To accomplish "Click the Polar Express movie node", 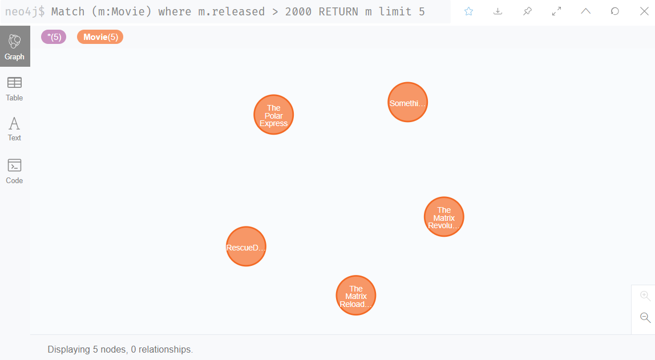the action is [x=274, y=115].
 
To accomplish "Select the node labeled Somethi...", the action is [x=407, y=103].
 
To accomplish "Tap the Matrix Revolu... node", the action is [x=444, y=217].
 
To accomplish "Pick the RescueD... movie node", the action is [x=246, y=247].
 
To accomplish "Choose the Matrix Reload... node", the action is [x=356, y=296].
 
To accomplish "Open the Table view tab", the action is [x=15, y=89].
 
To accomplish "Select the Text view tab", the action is [x=15, y=129].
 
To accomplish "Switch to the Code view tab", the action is [x=15, y=171].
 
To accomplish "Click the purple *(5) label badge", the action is [x=54, y=37].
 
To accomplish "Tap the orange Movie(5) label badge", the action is [x=100, y=37].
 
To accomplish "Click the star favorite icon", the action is [x=469, y=11].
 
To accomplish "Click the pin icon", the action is [x=527, y=11].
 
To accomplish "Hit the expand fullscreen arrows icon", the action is [x=557, y=11].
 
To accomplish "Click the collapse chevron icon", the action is [x=586, y=11].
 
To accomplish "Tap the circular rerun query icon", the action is [x=615, y=11].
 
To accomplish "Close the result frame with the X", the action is [x=644, y=11].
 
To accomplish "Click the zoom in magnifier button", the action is [x=645, y=296].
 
